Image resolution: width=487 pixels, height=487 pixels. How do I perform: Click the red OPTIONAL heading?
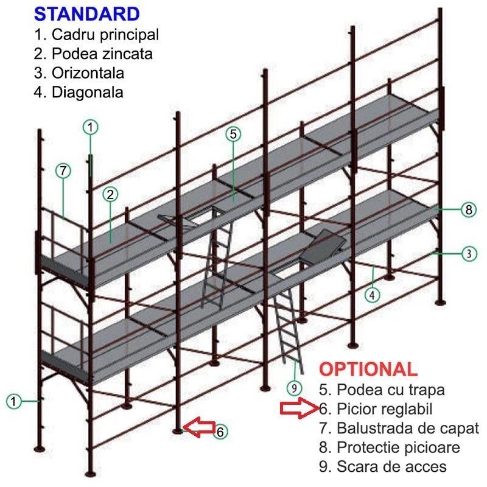369,369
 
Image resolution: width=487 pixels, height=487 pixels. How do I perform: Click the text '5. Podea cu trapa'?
382,389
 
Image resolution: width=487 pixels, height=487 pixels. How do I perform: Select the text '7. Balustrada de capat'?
399,428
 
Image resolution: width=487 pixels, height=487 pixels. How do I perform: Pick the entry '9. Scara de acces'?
382,467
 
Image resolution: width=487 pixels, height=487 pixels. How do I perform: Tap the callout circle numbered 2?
110,195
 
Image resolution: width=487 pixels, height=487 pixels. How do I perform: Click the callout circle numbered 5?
234,133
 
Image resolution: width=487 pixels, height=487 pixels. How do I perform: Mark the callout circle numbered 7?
64,171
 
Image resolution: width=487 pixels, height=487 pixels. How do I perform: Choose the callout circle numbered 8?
468,209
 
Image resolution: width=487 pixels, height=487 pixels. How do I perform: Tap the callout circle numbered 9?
294,387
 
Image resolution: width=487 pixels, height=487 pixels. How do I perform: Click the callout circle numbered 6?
221,431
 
